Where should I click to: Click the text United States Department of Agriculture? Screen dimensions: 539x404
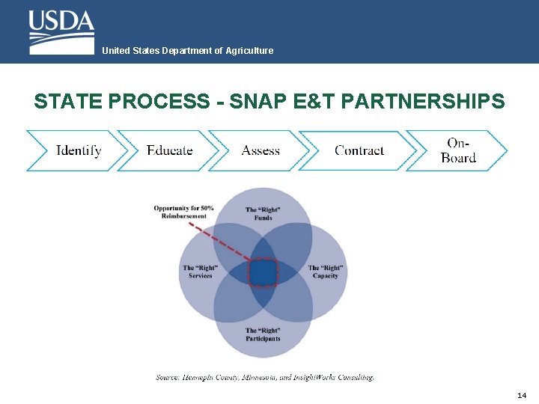(187, 51)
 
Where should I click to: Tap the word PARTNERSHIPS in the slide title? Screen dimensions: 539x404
(422, 101)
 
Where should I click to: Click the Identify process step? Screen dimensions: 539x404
(79, 150)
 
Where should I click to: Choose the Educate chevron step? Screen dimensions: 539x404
(170, 150)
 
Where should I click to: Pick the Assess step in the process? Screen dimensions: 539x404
(261, 150)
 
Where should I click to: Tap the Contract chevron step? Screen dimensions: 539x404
(359, 150)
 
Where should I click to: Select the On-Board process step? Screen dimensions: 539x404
(458, 150)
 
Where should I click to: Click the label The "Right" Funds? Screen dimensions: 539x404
(263, 214)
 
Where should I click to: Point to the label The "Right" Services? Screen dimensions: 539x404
(200, 272)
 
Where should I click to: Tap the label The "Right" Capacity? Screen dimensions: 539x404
(326, 272)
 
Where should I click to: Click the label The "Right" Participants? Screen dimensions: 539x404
(263, 334)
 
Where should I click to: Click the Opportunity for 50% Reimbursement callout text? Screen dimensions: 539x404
(183, 212)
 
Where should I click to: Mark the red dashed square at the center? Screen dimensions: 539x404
(263, 272)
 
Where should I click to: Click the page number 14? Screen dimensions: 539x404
(522, 395)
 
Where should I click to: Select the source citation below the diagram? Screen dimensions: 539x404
(264, 378)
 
